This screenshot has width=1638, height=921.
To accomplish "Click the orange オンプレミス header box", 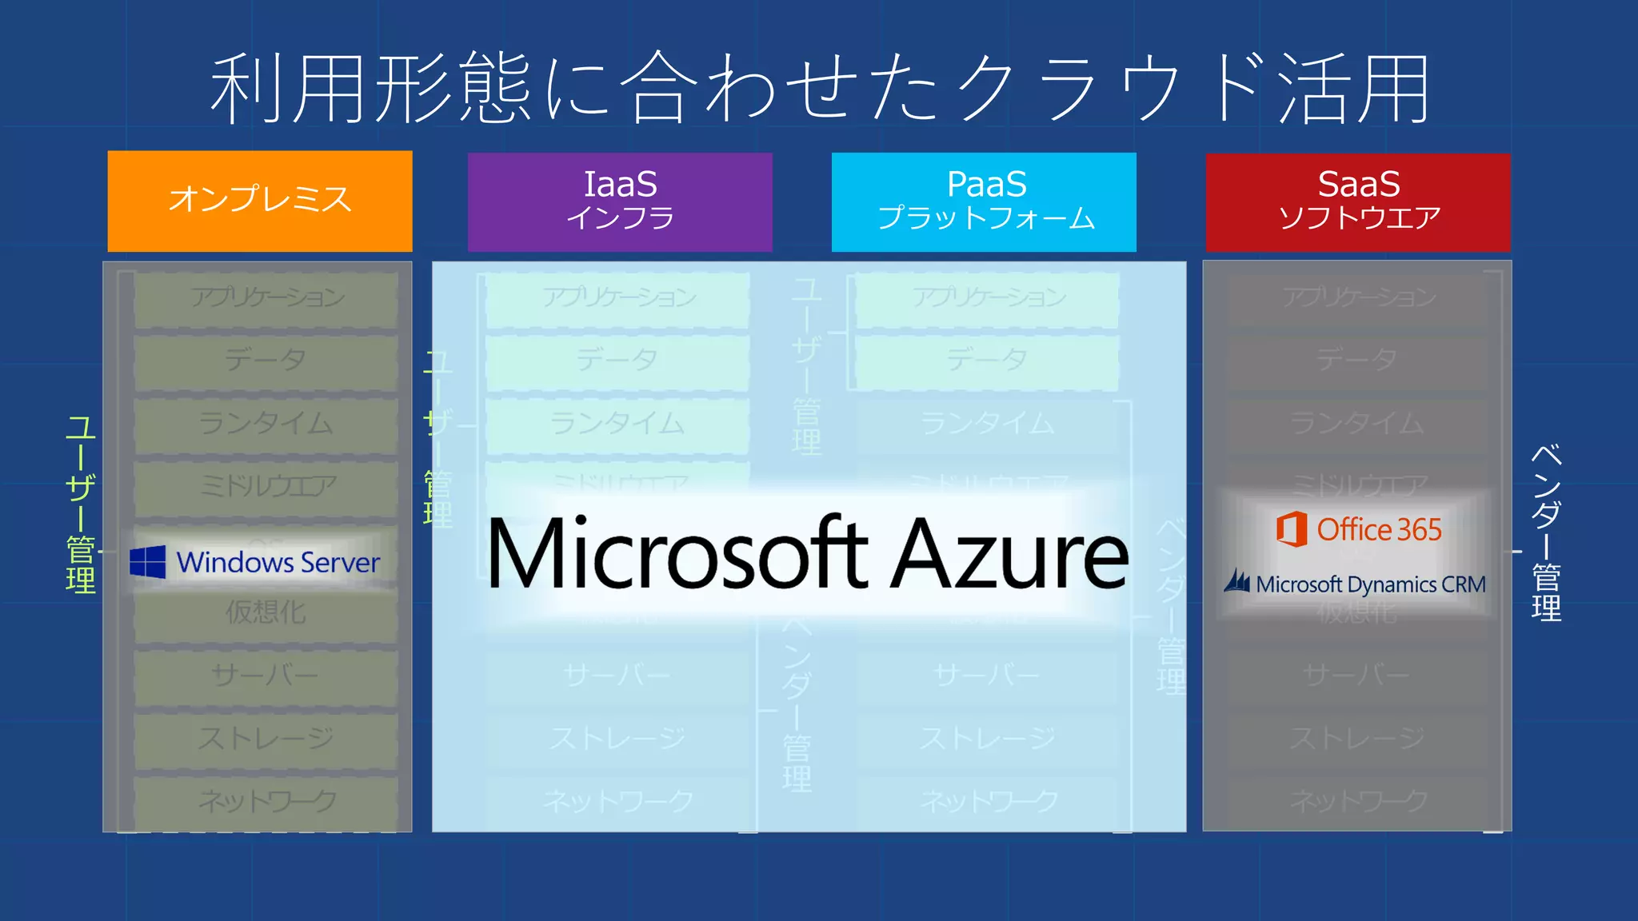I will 260,201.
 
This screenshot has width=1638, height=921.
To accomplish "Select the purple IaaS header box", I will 620,201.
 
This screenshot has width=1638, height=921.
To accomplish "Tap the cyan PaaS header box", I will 984,201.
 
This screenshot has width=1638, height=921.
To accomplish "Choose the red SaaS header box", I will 1358,201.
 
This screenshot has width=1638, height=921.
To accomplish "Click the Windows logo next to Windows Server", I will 148,562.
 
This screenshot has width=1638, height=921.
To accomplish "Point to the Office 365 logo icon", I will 1291,529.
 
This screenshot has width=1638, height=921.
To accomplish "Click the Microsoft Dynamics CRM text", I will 1370,584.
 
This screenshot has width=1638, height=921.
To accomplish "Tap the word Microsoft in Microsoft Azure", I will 677,553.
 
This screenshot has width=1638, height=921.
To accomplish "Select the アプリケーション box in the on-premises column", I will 266,297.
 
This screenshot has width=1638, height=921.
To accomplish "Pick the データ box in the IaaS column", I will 617,360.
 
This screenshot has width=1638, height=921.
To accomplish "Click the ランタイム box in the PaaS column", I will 987,423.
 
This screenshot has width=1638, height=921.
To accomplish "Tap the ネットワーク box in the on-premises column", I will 266,800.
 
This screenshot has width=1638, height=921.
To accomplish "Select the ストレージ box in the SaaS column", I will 1357,737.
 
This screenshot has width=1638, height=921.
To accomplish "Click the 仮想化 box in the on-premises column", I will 266,613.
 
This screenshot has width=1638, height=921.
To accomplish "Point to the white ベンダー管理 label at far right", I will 1546,533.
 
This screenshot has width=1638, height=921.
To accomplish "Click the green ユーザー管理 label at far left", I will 81,504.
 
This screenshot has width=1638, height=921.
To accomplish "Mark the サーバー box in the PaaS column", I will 987,676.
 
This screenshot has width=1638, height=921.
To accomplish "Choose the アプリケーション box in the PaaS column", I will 987,297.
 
